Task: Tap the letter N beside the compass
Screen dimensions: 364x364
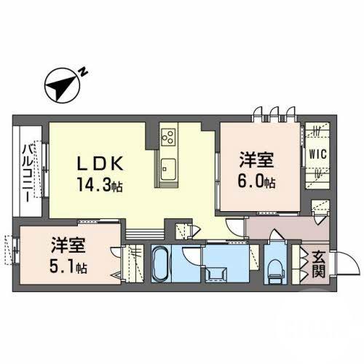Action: click(x=84, y=71)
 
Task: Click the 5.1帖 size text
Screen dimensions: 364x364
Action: click(x=69, y=266)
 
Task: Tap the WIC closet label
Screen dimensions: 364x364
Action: click(x=317, y=154)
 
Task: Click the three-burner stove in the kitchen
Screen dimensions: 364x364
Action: click(x=167, y=138)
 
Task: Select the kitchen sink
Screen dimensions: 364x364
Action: click(x=167, y=171)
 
